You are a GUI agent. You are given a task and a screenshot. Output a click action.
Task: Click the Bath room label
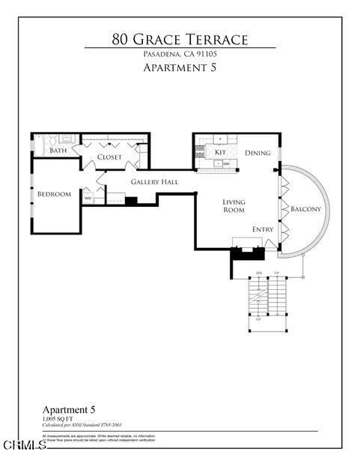coord(58,151)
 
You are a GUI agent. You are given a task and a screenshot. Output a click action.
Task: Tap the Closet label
coord(109,157)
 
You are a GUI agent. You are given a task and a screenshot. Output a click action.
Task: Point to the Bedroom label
coord(54,195)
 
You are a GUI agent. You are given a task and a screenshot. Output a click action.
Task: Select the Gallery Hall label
coord(154,182)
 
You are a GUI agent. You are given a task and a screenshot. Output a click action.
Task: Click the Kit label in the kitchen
coord(220,152)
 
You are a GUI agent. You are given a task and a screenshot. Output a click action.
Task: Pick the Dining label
coord(257,153)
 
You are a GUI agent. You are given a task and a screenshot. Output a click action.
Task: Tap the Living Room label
coord(234,206)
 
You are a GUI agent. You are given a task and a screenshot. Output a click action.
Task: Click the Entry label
coord(263,229)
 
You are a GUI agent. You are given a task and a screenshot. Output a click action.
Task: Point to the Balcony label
coord(305,209)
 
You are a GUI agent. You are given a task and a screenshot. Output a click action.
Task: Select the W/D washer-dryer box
coord(88,199)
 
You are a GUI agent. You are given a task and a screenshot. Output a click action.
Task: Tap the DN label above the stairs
coord(259,272)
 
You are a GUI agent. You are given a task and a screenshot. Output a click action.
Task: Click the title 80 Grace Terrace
coord(180,38)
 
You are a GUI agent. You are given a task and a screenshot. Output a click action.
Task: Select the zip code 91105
coord(206,55)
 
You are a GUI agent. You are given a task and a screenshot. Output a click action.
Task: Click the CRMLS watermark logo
coord(23,445)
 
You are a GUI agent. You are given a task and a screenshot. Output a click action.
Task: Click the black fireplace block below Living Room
coord(242,253)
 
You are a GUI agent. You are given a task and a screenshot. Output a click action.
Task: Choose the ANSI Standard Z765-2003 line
coord(82,425)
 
